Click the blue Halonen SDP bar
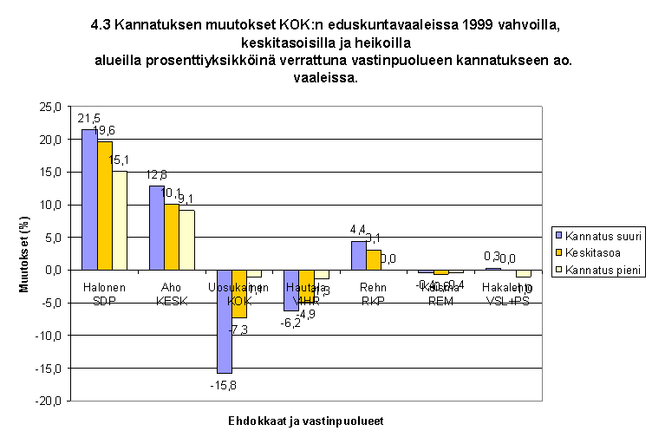point(89,199)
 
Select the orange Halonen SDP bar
point(105,206)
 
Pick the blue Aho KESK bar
point(157,227)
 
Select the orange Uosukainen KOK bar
point(240,293)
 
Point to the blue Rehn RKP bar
point(359,255)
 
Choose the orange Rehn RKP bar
point(374,259)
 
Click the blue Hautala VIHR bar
point(291,290)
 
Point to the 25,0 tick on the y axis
point(50,106)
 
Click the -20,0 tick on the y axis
point(49,402)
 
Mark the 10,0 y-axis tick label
point(50,205)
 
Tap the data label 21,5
point(88,118)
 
